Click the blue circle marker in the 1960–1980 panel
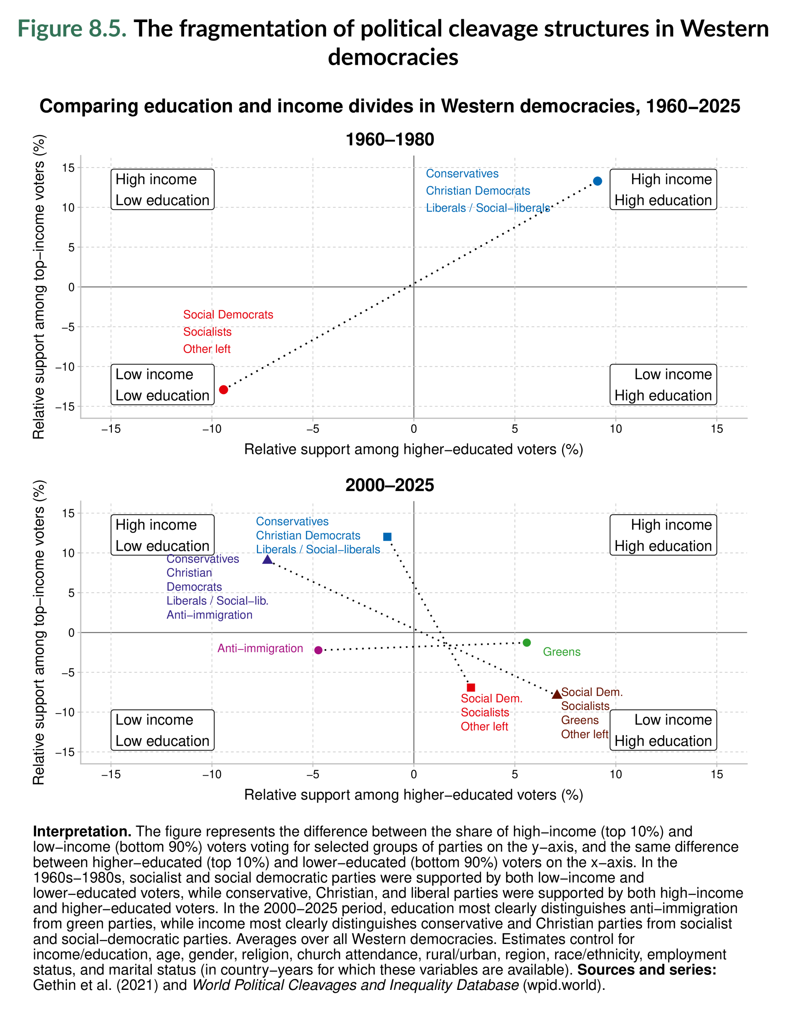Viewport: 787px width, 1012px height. pyautogui.click(x=597, y=181)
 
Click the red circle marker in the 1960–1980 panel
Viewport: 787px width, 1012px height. pyautogui.click(x=223, y=389)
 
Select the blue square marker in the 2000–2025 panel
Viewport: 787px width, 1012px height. pyautogui.click(x=387, y=536)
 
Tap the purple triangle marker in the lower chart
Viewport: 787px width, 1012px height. pyautogui.click(x=267, y=560)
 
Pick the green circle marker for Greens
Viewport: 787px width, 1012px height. pyautogui.click(x=526, y=642)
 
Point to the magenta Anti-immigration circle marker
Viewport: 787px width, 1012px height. pyautogui.click(x=318, y=650)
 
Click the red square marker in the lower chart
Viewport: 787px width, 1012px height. pyautogui.click(x=471, y=687)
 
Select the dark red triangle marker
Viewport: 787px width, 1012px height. pyautogui.click(x=557, y=694)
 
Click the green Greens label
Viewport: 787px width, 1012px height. pyautogui.click(x=561, y=652)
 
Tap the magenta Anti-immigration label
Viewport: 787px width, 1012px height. pyautogui.click(x=260, y=648)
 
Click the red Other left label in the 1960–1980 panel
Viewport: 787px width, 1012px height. pyautogui.click(x=207, y=349)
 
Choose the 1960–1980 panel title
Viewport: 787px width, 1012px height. pyautogui.click(x=390, y=140)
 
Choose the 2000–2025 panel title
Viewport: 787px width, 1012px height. pyautogui.click(x=390, y=485)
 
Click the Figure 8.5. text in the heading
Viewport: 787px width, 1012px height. pyautogui.click(x=72, y=29)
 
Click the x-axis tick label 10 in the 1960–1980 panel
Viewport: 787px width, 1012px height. pyautogui.click(x=615, y=429)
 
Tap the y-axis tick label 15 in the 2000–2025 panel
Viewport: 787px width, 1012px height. pyautogui.click(x=68, y=513)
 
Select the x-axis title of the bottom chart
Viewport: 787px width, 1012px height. pyautogui.click(x=413, y=795)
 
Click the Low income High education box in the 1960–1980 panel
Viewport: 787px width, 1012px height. pyautogui.click(x=663, y=385)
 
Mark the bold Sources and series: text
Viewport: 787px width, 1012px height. pyautogui.click(x=647, y=969)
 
